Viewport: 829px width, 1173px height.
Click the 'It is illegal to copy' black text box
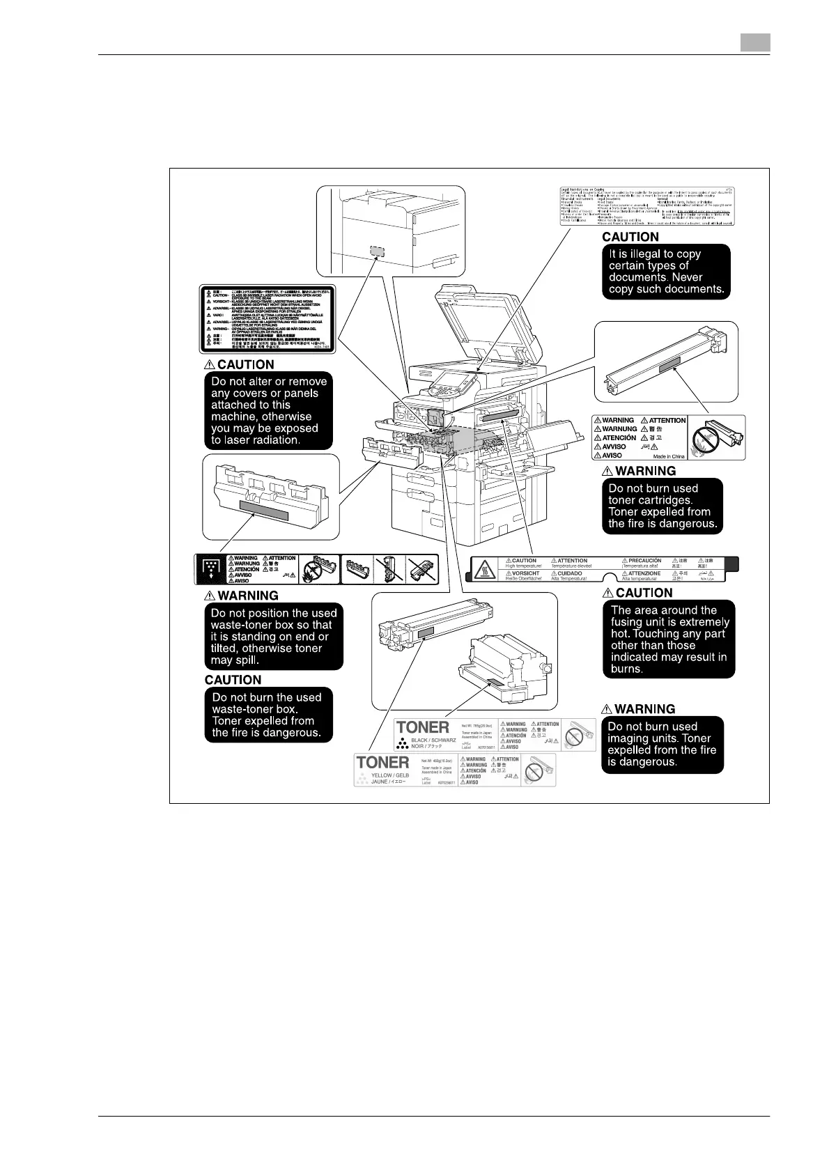(666, 272)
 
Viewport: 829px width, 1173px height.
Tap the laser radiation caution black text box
(269, 411)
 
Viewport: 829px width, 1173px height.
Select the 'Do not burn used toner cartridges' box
(663, 506)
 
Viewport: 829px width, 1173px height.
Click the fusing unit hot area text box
(669, 639)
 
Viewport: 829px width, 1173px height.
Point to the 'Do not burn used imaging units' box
(662, 745)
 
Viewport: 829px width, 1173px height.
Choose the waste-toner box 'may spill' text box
(274, 637)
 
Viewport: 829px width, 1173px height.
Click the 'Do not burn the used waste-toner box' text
(268, 715)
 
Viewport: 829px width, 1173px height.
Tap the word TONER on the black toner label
(423, 729)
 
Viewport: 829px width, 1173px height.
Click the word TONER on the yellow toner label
(382, 763)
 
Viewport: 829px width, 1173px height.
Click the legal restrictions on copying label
(646, 205)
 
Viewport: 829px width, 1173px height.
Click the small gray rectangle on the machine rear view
(377, 251)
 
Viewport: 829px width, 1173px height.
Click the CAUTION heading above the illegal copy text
(630, 237)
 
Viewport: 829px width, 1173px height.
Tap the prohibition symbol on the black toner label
(573, 735)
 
